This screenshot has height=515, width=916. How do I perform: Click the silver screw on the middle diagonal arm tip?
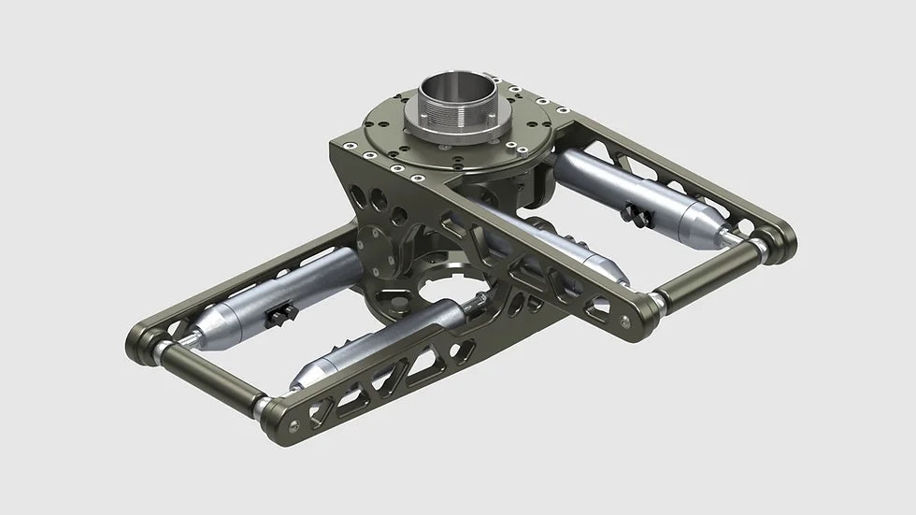[625, 321]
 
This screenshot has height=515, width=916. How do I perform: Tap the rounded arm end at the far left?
[141, 338]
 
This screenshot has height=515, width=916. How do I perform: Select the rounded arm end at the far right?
[781, 240]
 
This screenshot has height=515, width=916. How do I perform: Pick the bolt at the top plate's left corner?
[348, 146]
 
